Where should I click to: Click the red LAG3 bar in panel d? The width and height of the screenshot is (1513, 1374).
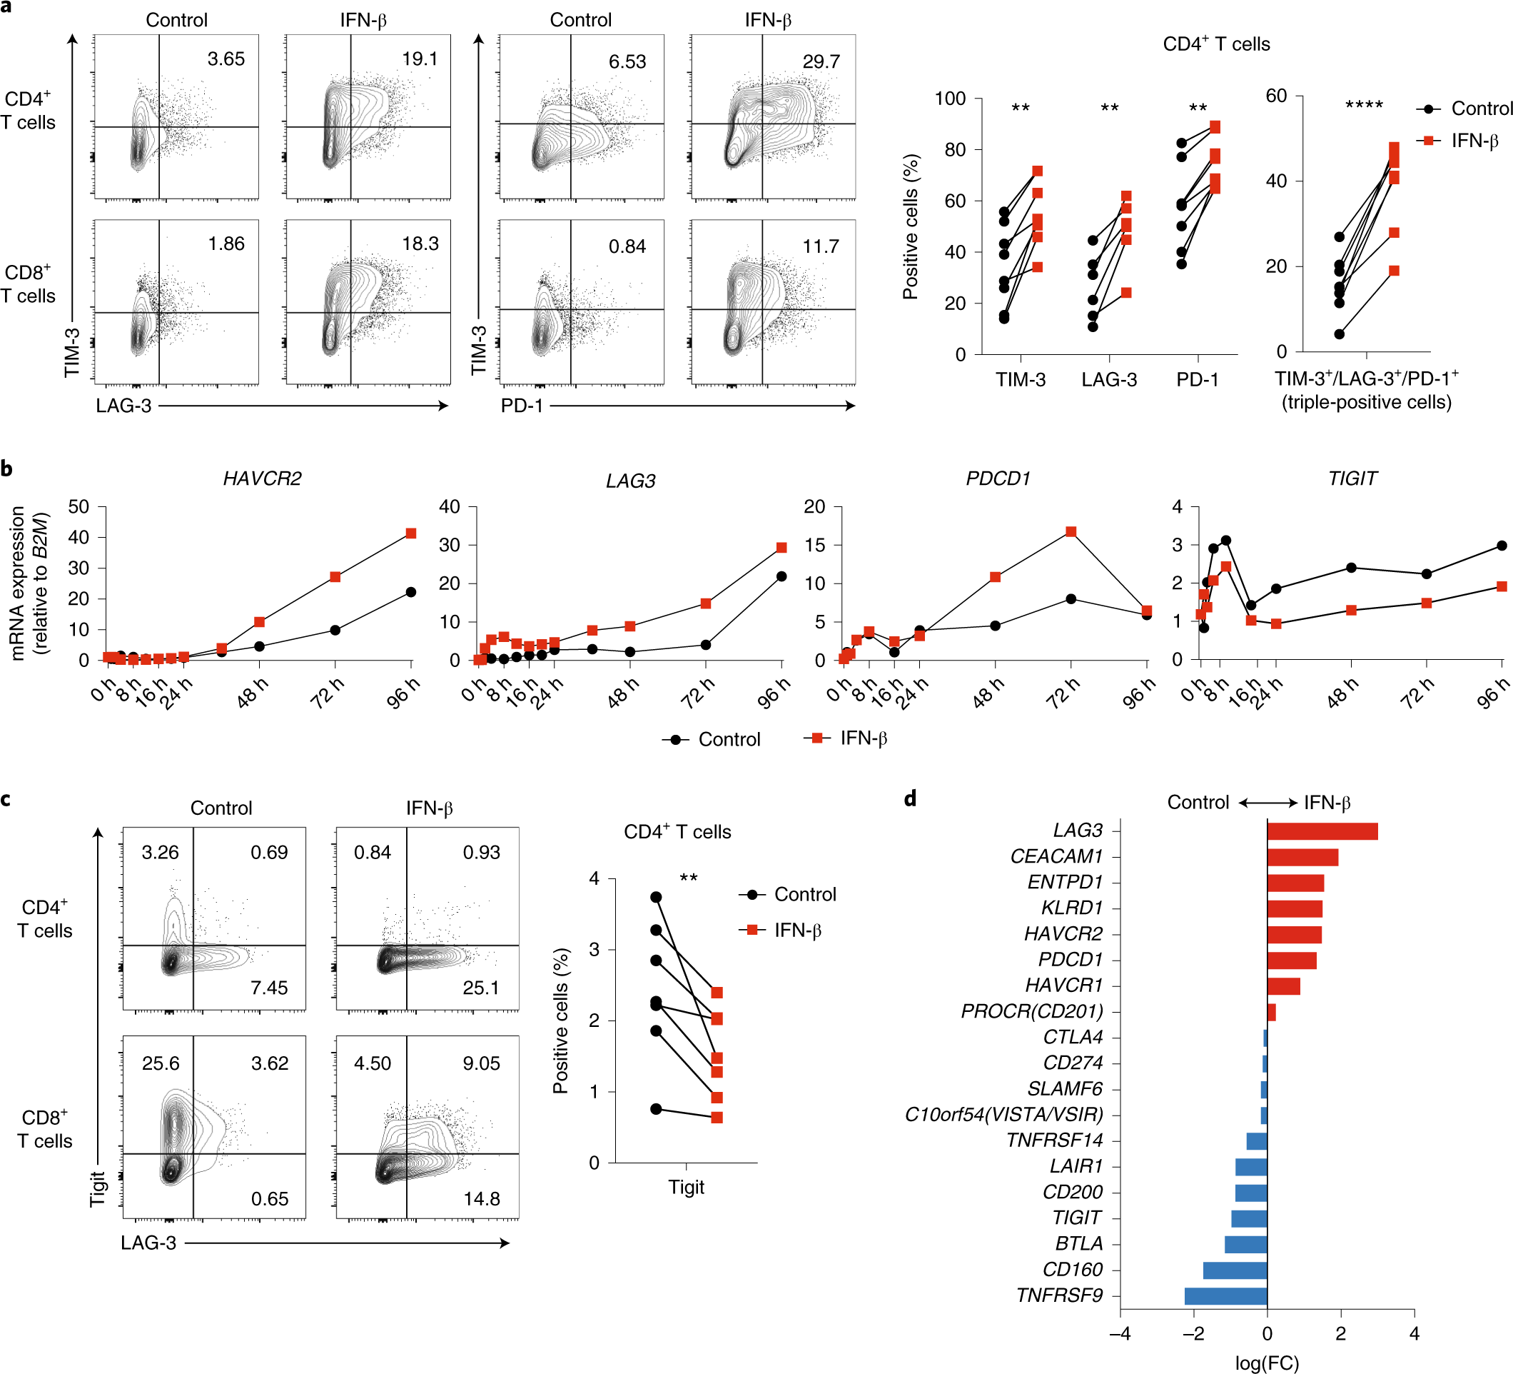point(1322,831)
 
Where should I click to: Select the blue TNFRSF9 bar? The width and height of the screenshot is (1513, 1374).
point(1225,1296)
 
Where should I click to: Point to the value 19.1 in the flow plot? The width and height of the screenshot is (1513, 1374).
point(420,59)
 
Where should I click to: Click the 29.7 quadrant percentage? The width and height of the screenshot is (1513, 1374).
point(821,61)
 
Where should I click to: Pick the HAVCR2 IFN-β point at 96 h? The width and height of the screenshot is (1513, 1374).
point(410,533)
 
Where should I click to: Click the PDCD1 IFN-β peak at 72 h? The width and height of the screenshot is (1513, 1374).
point(1071,531)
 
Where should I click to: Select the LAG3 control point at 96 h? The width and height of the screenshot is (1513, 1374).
point(781,576)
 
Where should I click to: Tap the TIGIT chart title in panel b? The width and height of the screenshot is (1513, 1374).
point(1352,478)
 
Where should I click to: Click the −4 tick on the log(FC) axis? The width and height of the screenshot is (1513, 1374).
point(1120,1334)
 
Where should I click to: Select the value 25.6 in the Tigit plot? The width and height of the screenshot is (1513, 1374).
point(161,1063)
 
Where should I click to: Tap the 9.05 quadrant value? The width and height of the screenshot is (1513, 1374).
point(481,1063)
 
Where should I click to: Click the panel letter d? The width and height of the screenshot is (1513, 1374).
point(910,798)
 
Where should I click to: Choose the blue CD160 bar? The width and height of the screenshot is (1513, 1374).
point(1235,1270)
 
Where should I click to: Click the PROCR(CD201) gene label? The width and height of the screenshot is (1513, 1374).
point(1032,1011)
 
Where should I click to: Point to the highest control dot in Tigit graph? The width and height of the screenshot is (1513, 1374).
point(656,897)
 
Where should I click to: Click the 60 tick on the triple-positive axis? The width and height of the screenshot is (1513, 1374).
point(1277,96)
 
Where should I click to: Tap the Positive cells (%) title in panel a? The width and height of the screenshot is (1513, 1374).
point(911,227)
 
